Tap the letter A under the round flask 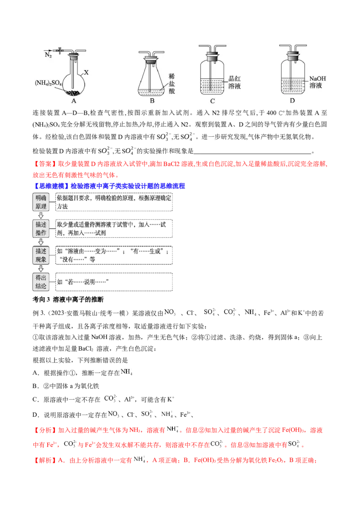(73, 102)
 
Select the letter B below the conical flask (152, 102)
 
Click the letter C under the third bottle (212, 102)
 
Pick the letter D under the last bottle (292, 102)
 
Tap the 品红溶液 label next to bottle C (235, 82)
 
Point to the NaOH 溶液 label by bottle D (317, 81)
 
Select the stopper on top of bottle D (292, 57)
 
